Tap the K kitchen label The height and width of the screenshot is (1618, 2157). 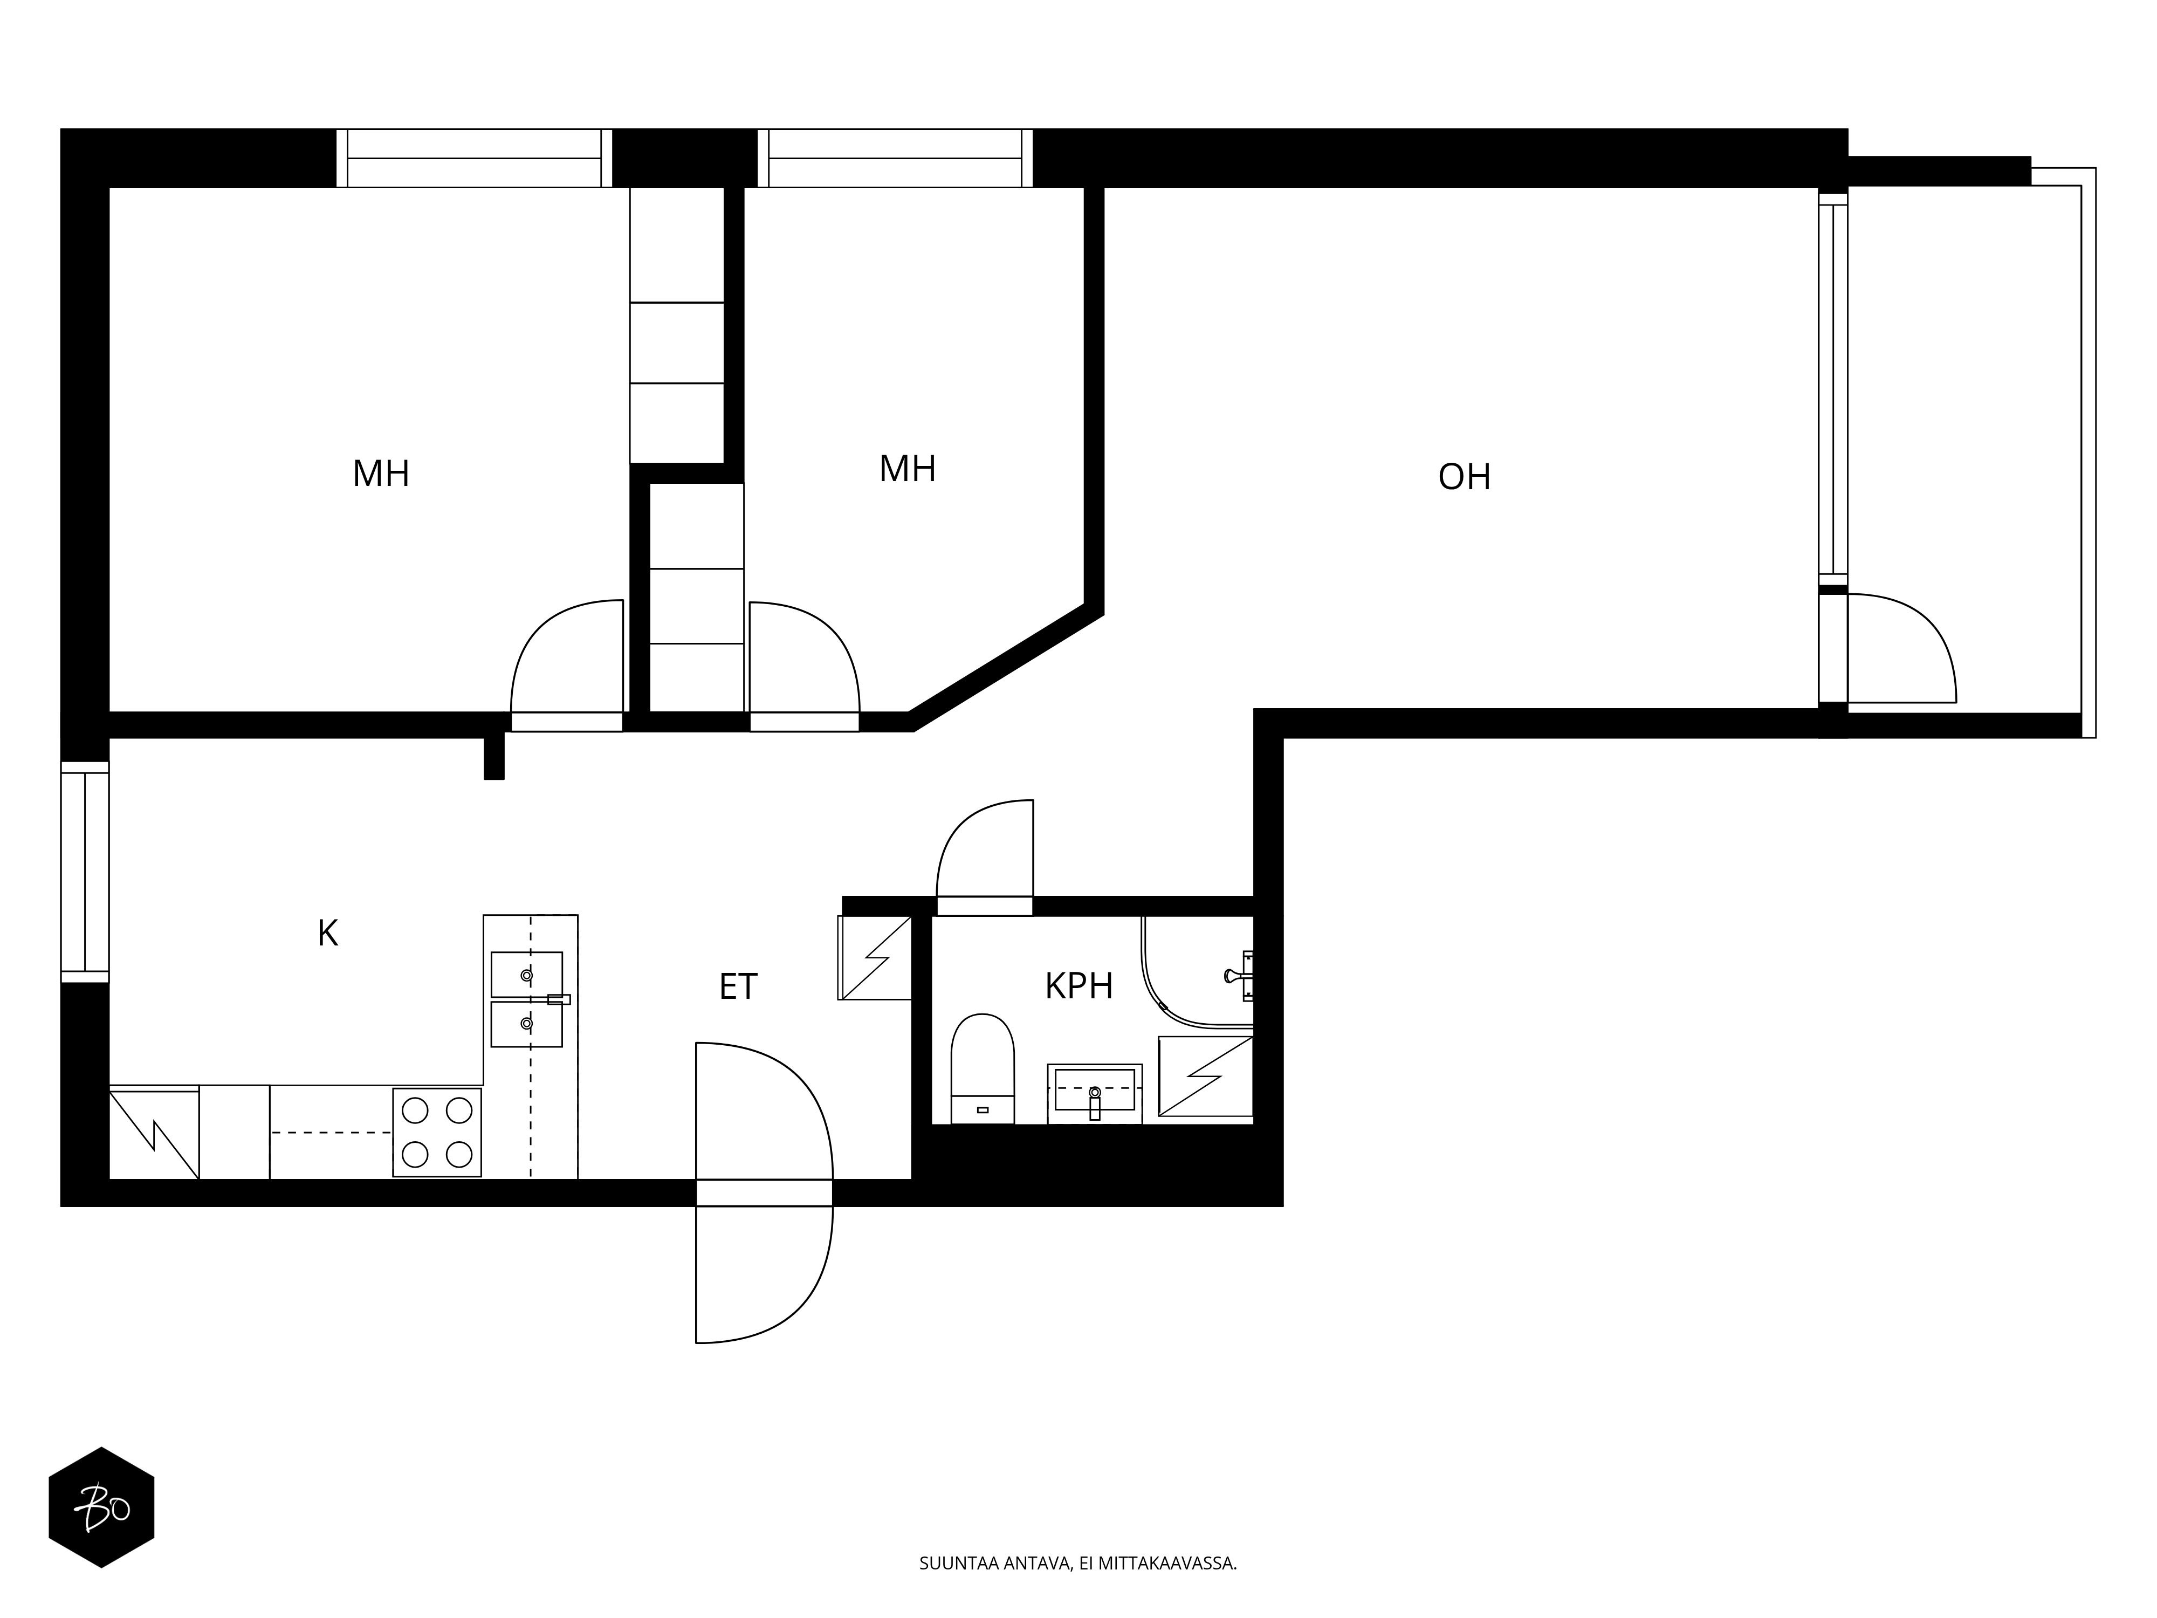328,934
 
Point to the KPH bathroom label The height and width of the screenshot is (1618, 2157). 1078,986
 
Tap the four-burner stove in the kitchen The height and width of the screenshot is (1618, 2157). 437,1132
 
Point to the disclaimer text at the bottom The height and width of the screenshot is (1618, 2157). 1077,1590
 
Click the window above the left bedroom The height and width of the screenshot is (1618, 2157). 474,158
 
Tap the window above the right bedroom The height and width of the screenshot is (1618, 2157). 895,158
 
